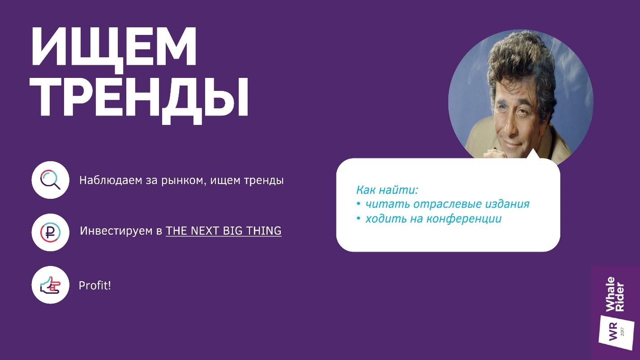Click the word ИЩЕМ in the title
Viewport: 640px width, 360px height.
pyautogui.click(x=114, y=46)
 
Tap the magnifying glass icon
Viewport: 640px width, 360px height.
pyautogui.click(x=50, y=180)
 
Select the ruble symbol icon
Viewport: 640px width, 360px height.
pyautogui.click(x=50, y=232)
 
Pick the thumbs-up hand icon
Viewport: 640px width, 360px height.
pyautogui.click(x=50, y=285)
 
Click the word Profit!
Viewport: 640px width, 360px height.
pyautogui.click(x=95, y=285)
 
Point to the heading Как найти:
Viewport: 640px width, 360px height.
pyautogui.click(x=387, y=190)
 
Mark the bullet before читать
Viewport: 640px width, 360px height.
pyautogui.click(x=359, y=204)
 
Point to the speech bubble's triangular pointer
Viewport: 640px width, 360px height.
pyautogui.click(x=533, y=154)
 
